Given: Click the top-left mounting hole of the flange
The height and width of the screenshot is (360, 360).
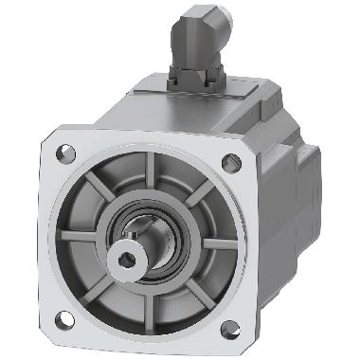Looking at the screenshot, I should click(66, 152).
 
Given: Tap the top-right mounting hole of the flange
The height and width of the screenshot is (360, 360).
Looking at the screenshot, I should click(231, 162).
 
